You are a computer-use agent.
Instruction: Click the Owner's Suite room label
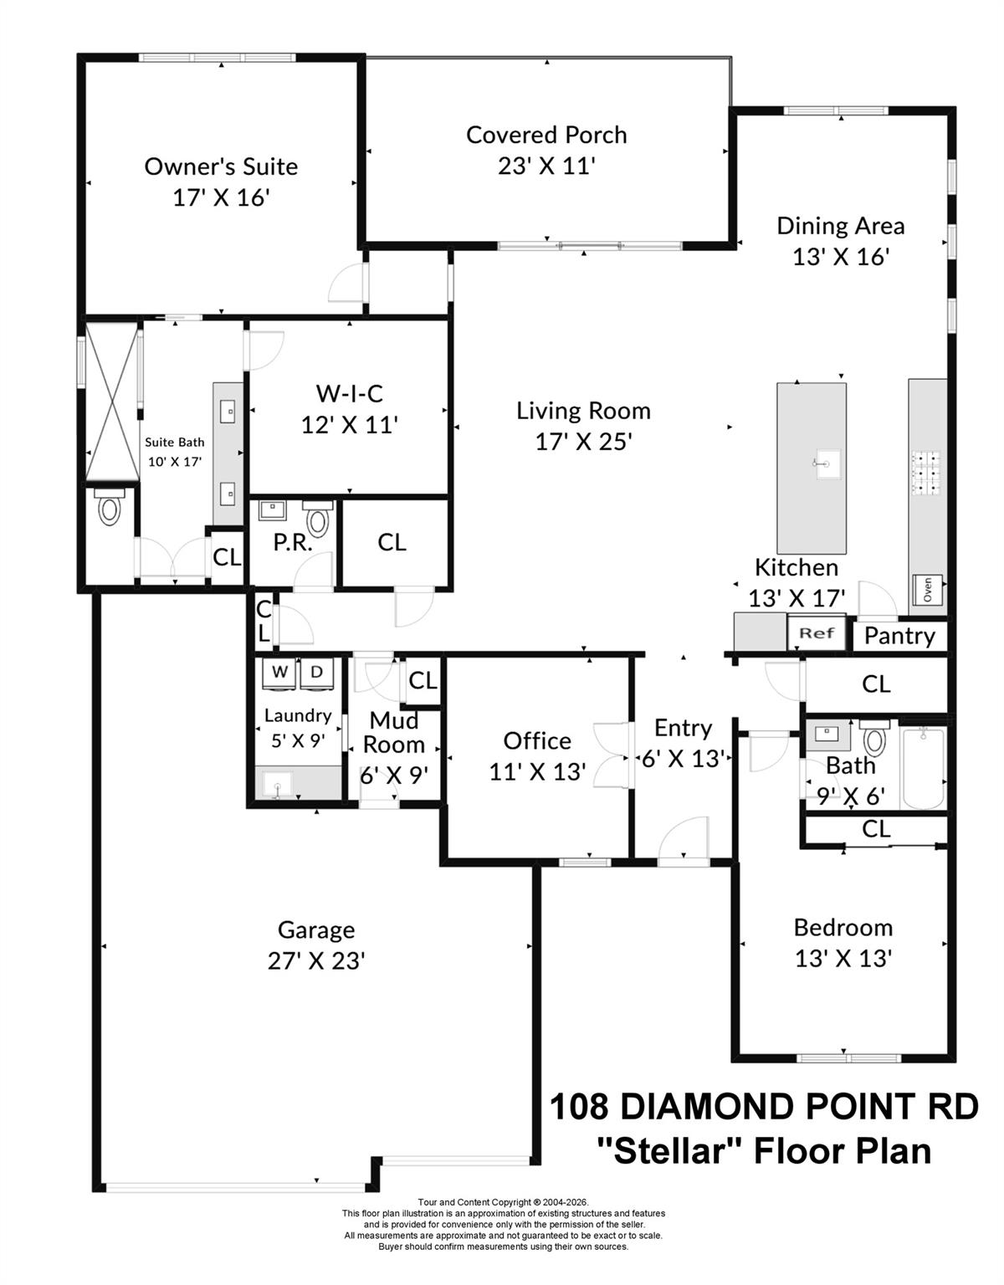click(221, 166)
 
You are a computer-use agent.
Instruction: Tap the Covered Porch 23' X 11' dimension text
click(546, 166)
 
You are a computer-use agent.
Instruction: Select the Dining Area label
click(840, 226)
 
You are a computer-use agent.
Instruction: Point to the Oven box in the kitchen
click(927, 590)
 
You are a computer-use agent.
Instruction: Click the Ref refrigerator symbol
click(817, 633)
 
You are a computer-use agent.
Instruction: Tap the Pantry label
click(899, 636)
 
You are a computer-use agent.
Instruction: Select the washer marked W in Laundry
click(280, 672)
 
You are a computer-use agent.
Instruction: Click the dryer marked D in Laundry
click(316, 672)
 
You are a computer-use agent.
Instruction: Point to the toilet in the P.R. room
click(317, 520)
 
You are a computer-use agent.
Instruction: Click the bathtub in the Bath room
click(923, 768)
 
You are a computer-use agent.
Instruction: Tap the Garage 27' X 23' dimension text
click(316, 961)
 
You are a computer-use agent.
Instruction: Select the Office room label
click(537, 741)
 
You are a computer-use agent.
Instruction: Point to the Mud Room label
click(393, 732)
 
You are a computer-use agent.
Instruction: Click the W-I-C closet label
click(349, 393)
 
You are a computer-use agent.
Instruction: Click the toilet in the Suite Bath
click(110, 508)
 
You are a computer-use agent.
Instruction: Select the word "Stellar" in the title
click(668, 1151)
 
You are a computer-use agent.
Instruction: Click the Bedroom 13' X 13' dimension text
click(843, 959)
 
